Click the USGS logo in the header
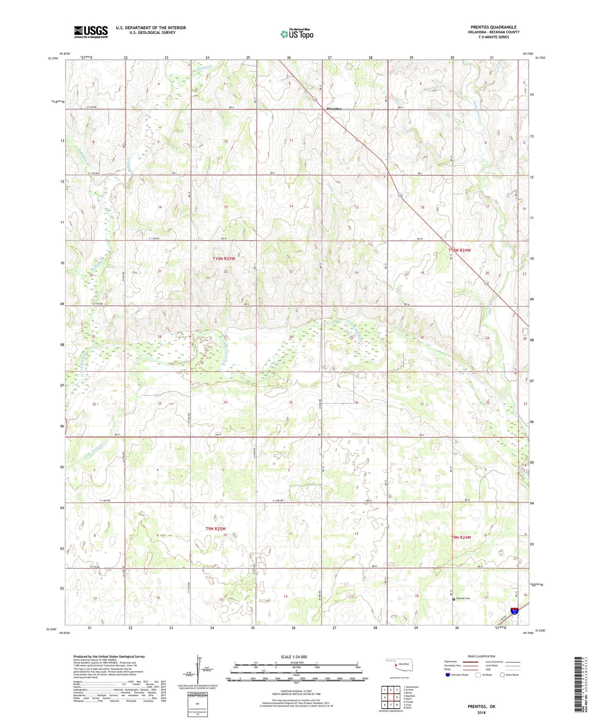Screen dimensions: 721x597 tap(91, 31)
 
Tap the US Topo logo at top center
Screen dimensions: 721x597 tap(296, 34)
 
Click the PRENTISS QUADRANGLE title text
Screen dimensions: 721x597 tap(493, 27)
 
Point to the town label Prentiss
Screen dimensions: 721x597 tap(334, 109)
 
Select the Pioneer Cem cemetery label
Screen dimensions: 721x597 tap(463, 598)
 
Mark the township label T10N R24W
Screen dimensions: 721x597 tap(459, 250)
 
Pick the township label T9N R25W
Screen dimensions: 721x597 tap(216, 529)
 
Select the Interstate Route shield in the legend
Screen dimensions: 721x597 tap(448, 675)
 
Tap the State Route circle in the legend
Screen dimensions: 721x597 tap(502, 675)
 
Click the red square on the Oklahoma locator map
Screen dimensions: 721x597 tap(396, 665)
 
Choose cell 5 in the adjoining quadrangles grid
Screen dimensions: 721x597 tap(396, 697)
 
